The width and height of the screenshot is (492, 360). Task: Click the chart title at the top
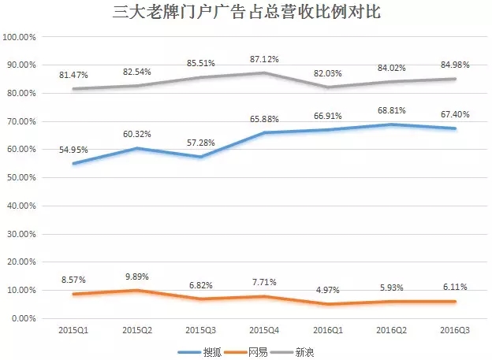pyautogui.click(x=246, y=13)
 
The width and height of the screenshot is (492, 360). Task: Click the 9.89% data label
pyautogui.click(x=136, y=276)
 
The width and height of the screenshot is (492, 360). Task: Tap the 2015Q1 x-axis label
pyautogui.click(x=74, y=331)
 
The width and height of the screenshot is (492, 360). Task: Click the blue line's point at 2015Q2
pyautogui.click(x=137, y=148)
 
